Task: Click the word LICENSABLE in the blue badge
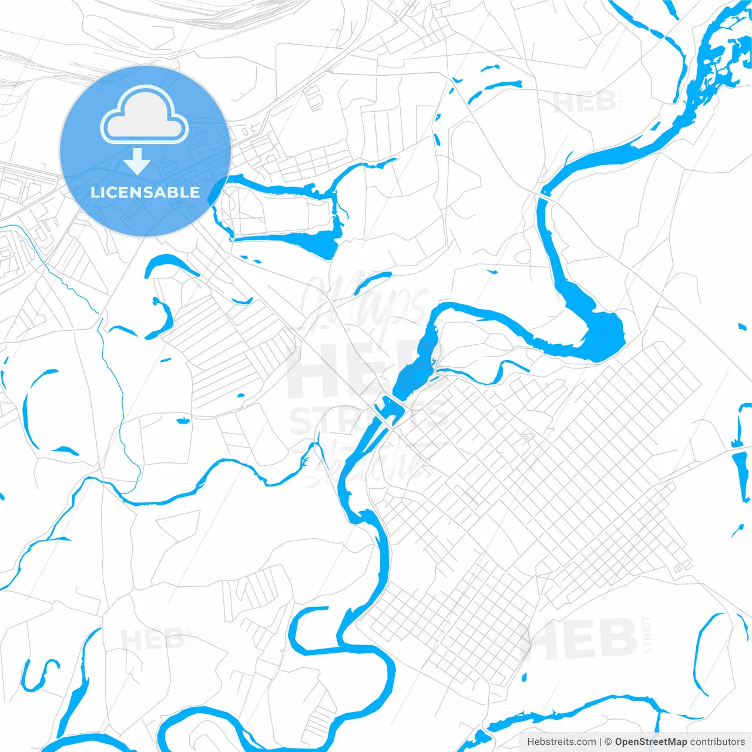point(145,193)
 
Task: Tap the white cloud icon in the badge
point(145,115)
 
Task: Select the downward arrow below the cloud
point(137,161)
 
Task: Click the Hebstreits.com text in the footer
point(561,742)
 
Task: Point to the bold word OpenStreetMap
point(650,742)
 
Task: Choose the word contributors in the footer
point(717,742)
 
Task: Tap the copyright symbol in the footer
point(608,742)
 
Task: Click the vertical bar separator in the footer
point(600,742)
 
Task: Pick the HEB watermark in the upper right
point(584,102)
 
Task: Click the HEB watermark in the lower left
point(152,639)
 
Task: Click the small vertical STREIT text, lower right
point(647,634)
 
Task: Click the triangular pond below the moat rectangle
point(321,244)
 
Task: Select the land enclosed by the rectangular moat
point(276,211)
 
